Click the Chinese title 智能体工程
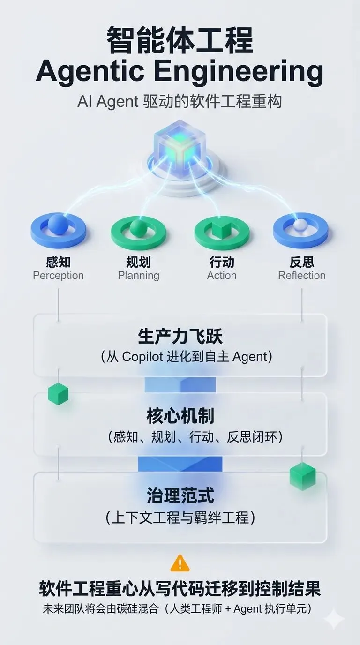[x=180, y=41]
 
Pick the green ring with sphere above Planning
[x=138, y=230]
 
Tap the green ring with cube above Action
[x=222, y=230]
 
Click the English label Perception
[x=58, y=276]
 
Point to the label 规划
[x=138, y=262]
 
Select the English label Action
[x=222, y=276]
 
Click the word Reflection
[x=301, y=276]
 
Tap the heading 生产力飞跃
[x=180, y=337]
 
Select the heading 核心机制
[x=180, y=416]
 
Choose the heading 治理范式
[x=180, y=495]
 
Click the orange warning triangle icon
[x=180, y=563]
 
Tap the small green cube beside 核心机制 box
[x=59, y=393]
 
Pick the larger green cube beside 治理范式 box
[x=302, y=475]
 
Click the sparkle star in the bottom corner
[x=334, y=618]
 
